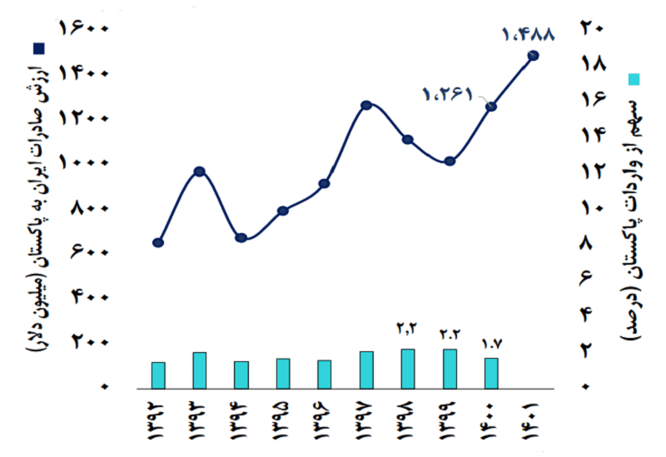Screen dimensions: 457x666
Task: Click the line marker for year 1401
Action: [533, 56]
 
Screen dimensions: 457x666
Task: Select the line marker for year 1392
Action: [158, 242]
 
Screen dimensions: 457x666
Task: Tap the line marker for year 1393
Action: [200, 171]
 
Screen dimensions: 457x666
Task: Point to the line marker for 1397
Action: [366, 106]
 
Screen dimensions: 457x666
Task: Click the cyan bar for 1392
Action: [158, 375]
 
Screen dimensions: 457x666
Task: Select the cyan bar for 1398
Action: [408, 368]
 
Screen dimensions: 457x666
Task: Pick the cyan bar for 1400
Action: [491, 373]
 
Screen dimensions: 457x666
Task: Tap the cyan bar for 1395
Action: [283, 373]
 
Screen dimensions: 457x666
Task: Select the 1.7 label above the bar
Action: [493, 343]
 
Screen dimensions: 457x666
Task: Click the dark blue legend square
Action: [38, 48]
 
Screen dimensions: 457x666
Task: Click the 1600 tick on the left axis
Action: [84, 28]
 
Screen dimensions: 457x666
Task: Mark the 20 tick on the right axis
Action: [593, 28]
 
